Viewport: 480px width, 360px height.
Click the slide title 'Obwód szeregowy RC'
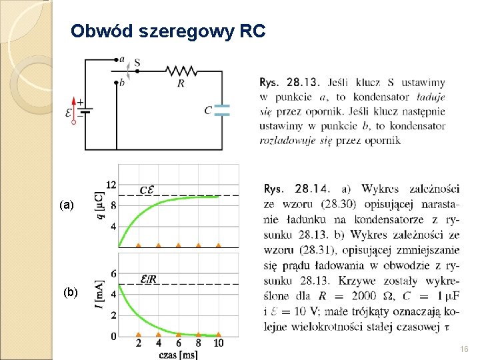168,31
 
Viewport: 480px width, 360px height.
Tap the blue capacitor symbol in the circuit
222,110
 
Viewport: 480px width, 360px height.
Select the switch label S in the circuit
137,63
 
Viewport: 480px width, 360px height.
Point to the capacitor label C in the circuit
208,110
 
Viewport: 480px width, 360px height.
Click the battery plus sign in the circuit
80,102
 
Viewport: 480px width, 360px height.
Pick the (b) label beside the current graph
71,292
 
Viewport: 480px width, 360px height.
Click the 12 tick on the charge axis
112,184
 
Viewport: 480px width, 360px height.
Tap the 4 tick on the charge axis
114,227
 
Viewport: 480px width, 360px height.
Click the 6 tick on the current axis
114,273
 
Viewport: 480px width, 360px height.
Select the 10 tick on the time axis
218,343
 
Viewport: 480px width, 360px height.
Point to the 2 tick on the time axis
138,343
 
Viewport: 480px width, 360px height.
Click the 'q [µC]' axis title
100,205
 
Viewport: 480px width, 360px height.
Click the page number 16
465,349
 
